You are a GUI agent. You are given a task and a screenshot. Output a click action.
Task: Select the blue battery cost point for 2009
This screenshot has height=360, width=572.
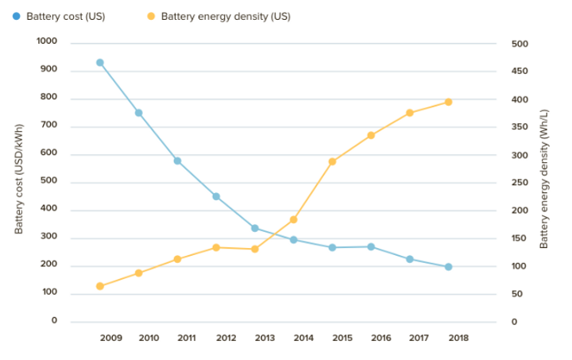[x=100, y=63]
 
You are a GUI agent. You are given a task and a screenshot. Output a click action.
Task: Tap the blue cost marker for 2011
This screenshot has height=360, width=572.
[x=177, y=161]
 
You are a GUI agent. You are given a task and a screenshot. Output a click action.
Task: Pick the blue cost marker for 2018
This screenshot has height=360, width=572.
[x=448, y=267]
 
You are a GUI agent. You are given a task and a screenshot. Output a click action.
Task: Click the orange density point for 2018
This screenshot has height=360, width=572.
[x=448, y=102]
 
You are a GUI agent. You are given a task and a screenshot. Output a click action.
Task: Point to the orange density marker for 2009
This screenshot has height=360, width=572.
[x=100, y=286]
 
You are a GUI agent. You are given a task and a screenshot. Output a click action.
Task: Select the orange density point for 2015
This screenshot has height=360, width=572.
[x=332, y=161]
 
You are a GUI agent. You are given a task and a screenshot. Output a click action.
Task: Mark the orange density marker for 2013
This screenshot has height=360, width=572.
[x=255, y=249]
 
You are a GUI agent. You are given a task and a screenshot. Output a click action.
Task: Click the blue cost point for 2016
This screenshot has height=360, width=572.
[x=371, y=246]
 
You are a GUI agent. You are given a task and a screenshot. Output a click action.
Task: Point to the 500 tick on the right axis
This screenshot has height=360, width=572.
[x=520, y=44]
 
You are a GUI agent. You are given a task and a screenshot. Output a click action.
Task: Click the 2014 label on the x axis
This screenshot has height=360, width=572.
[x=303, y=338]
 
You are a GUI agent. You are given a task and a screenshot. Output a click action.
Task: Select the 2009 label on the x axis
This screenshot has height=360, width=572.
[x=111, y=338]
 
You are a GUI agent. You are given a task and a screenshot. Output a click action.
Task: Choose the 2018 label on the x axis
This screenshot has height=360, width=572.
[x=458, y=338]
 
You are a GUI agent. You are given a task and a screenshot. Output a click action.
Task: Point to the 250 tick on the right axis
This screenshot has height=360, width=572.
[x=520, y=183]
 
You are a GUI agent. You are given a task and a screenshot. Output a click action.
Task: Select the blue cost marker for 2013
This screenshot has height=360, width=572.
[x=255, y=228]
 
